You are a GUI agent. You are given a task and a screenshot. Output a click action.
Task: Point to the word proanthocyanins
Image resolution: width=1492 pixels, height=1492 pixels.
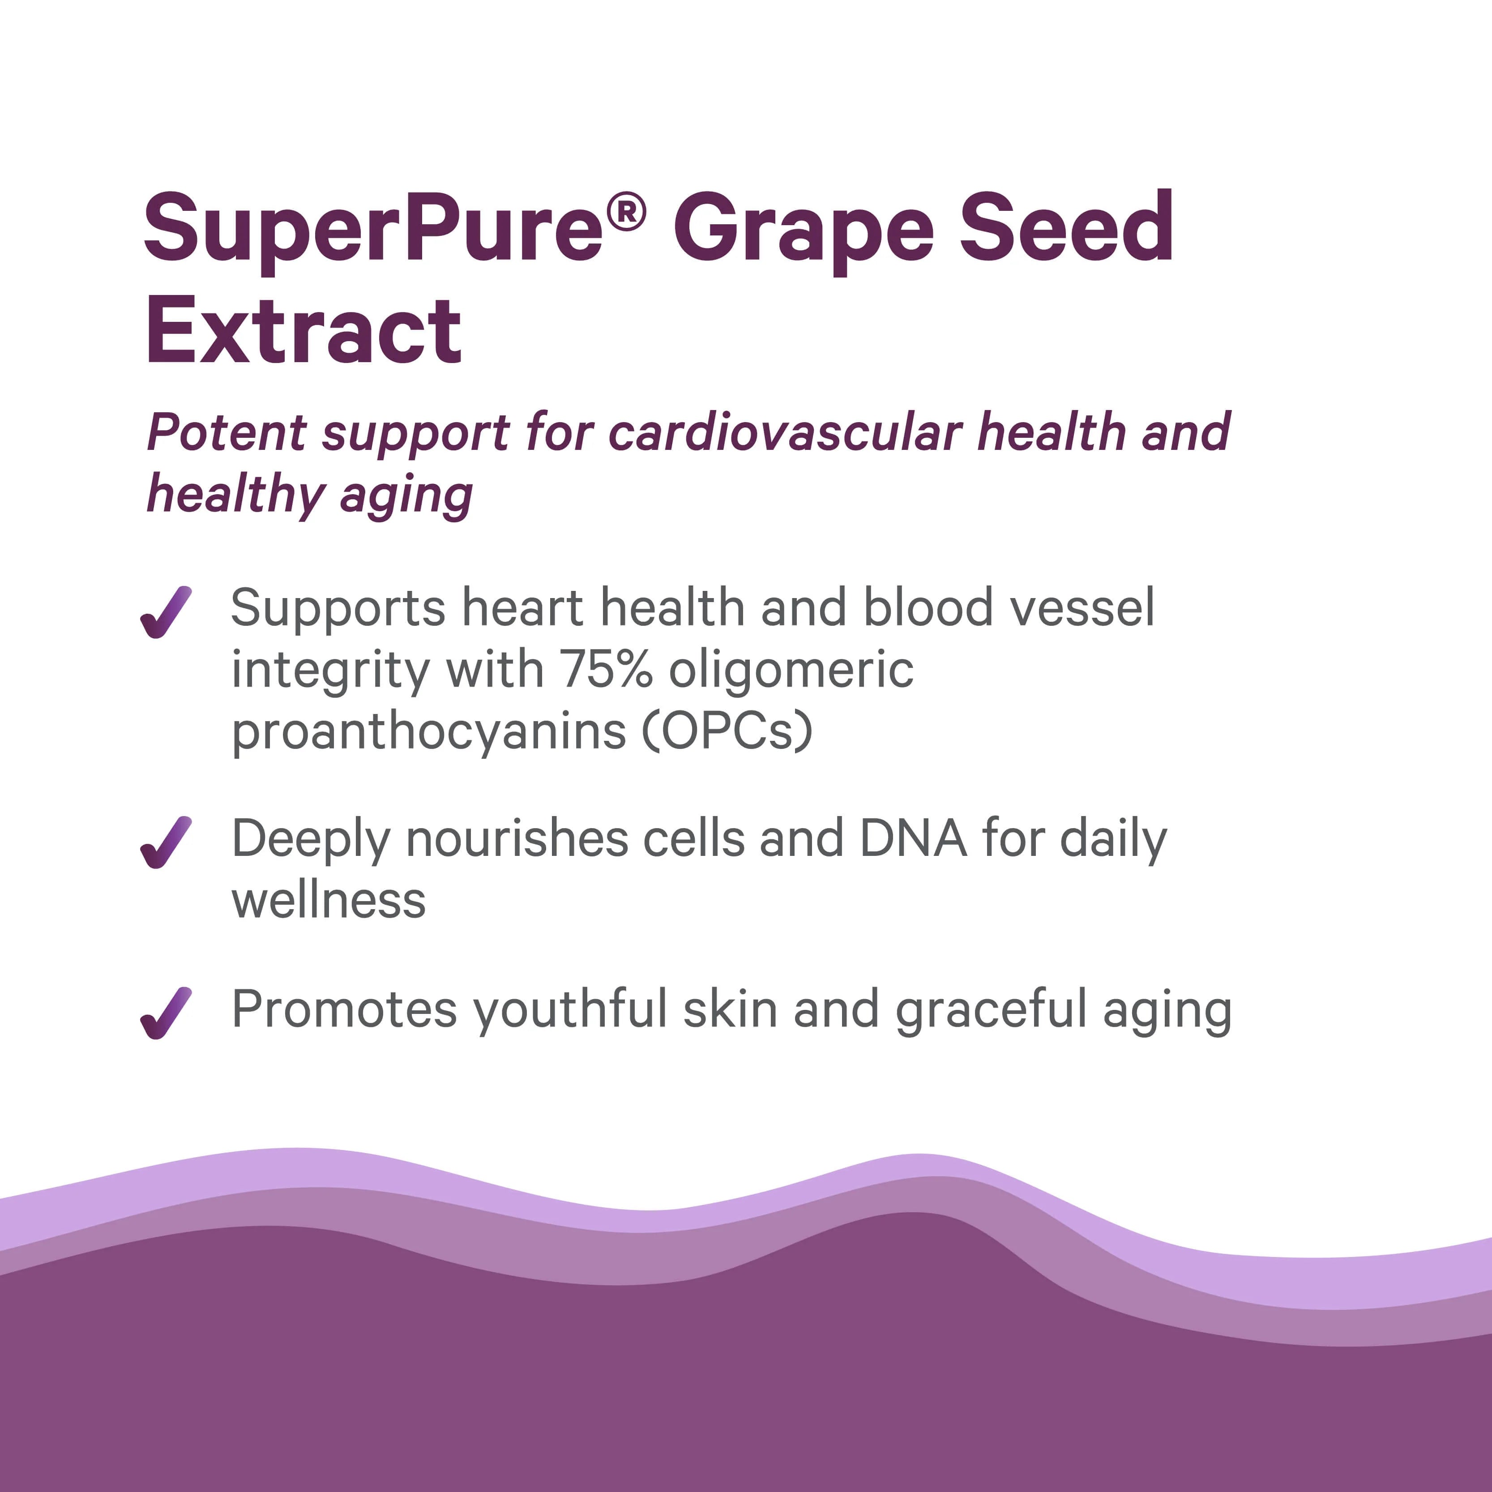point(428,732)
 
